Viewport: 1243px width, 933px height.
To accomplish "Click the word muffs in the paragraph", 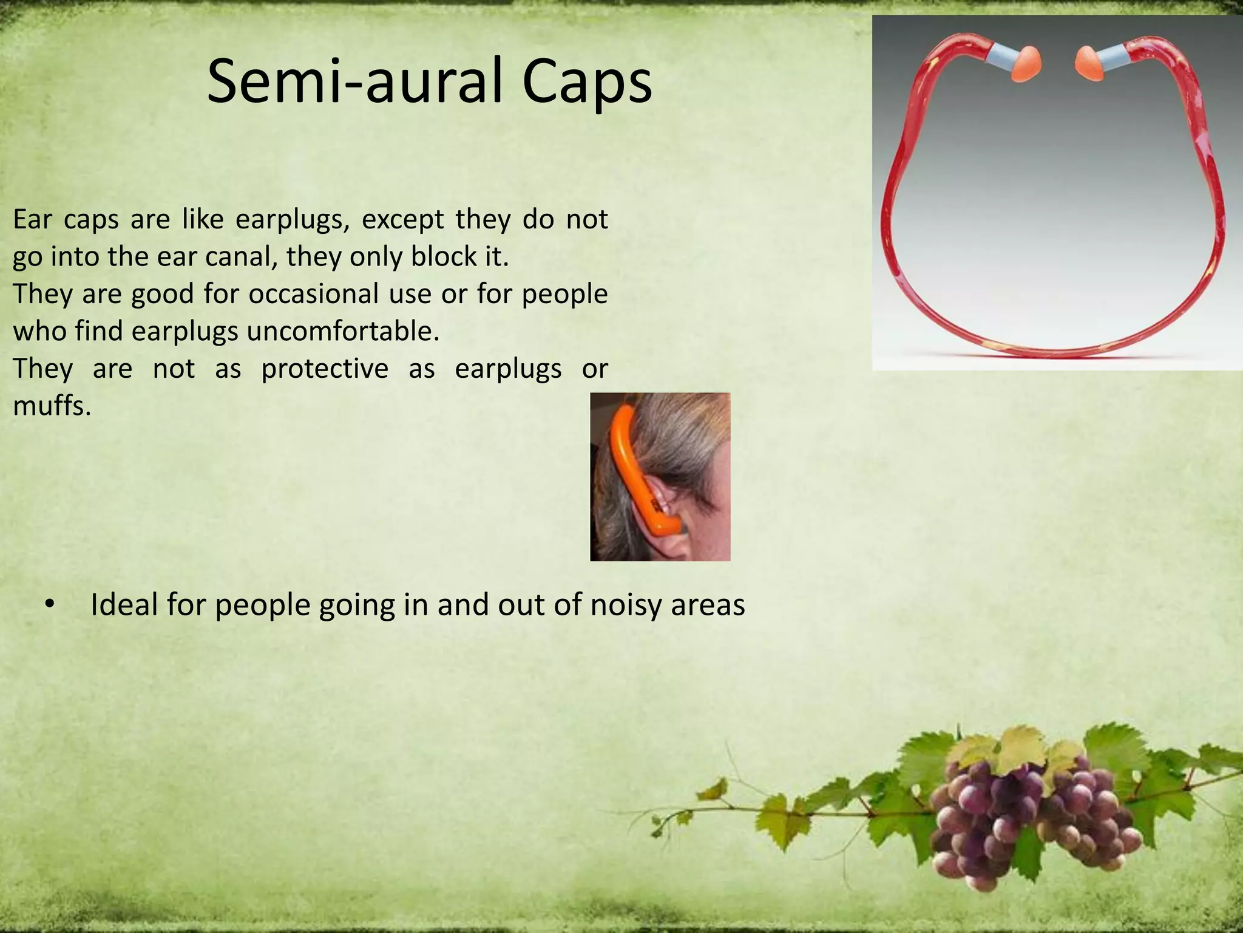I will click(50, 405).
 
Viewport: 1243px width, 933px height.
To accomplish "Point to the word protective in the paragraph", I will click(325, 369).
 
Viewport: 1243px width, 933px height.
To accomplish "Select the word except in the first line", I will click(402, 219).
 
